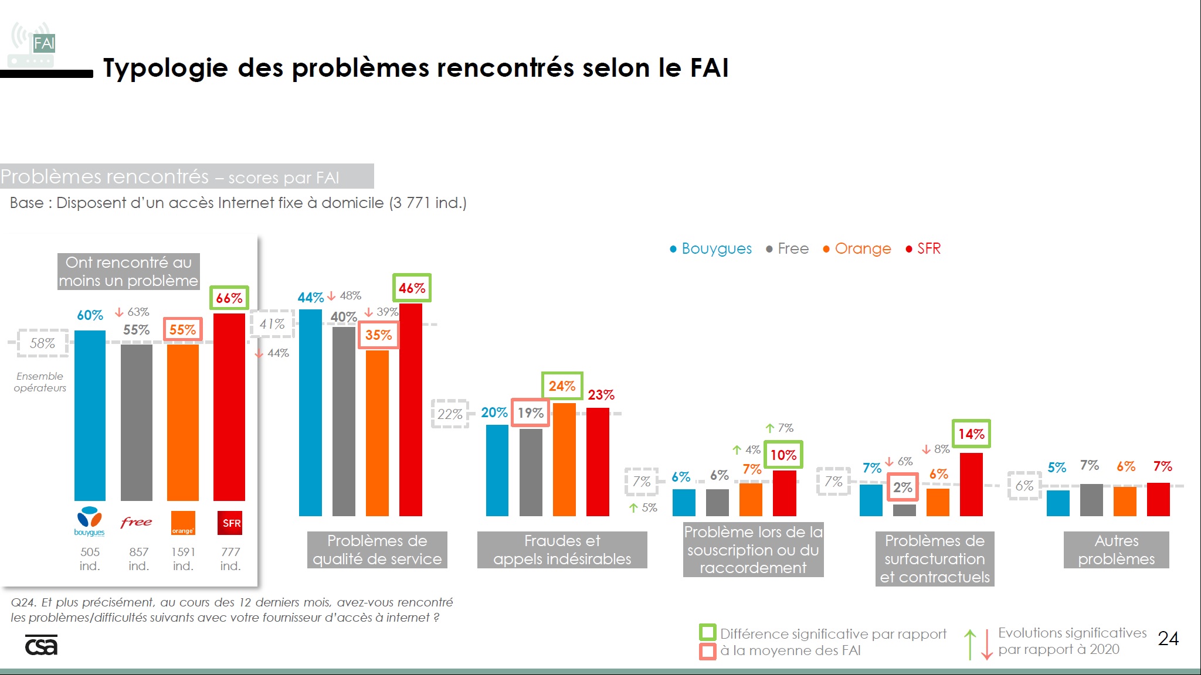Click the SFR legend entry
[x=924, y=248]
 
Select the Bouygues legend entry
[x=711, y=248]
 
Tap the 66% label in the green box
[x=229, y=298]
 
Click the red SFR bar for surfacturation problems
[x=971, y=484]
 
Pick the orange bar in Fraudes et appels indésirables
[x=564, y=459]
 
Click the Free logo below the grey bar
[x=136, y=521]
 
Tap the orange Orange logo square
[x=182, y=523]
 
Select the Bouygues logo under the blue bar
[x=90, y=521]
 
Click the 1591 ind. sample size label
[x=183, y=558]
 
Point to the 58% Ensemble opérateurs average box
[x=42, y=343]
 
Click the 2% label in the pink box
[x=903, y=487]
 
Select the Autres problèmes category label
[x=1116, y=550]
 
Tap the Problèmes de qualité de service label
[x=377, y=550]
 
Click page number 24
[x=1168, y=638]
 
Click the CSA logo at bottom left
[x=41, y=645]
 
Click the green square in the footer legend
[x=708, y=633]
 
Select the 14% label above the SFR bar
[x=971, y=434]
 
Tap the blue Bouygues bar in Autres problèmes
[x=1058, y=503]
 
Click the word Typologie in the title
[x=165, y=68]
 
